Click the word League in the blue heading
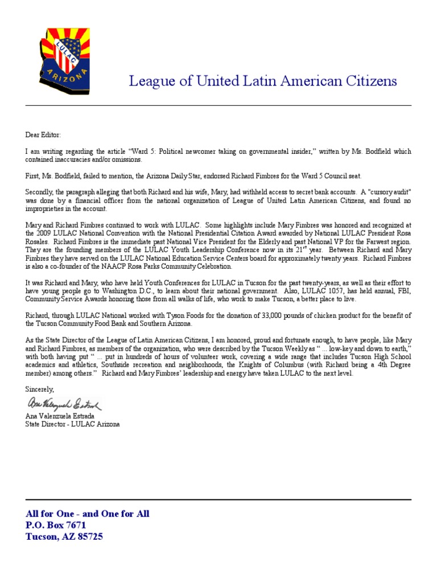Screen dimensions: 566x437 148,81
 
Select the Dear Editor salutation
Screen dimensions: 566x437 42,136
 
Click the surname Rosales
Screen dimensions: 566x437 38,241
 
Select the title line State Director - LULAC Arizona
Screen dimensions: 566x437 72,424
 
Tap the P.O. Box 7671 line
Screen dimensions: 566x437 56,525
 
